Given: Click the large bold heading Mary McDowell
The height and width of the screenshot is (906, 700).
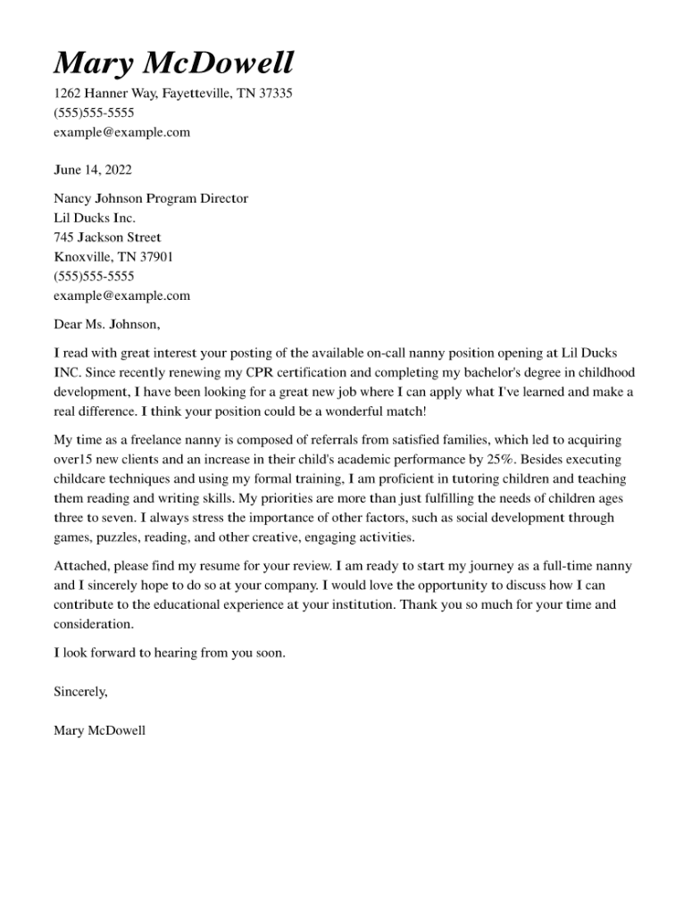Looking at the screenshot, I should click(173, 63).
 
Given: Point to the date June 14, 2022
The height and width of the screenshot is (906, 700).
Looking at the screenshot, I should click(93, 170).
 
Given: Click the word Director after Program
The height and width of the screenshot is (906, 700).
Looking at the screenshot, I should click(224, 198).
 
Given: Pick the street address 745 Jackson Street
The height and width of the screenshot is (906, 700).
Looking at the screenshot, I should click(107, 237).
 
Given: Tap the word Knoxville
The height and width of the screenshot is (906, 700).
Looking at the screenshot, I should click(81, 257).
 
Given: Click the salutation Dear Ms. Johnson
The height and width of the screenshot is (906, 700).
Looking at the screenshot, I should click(107, 324).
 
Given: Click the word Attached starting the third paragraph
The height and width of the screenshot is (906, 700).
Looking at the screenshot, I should click(80, 566).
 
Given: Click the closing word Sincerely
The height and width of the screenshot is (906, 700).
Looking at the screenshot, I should click(80, 692).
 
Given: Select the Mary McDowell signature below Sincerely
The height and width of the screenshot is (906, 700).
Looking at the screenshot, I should click(99, 731).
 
